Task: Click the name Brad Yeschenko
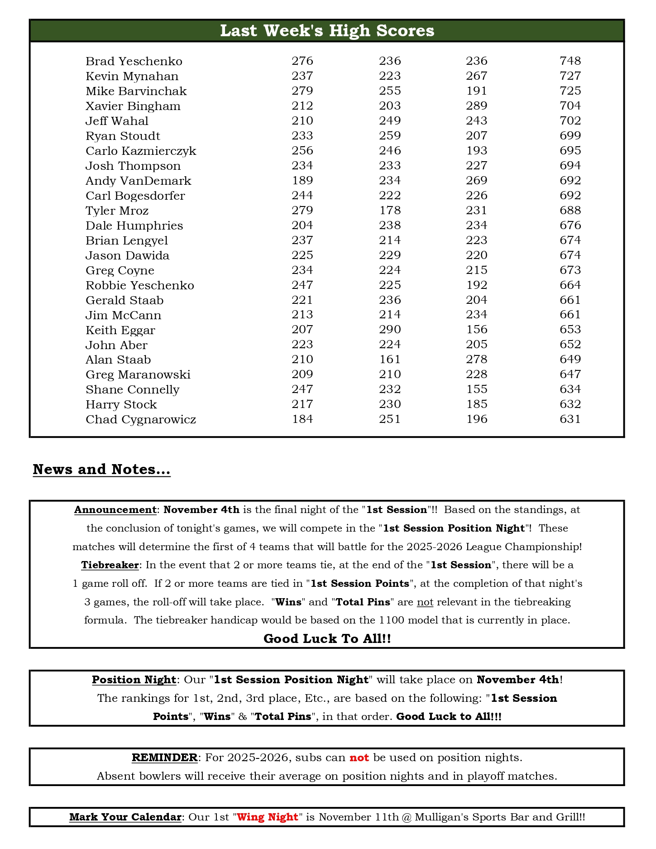pos(134,61)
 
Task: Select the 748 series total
pos(570,61)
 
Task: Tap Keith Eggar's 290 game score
pos(390,329)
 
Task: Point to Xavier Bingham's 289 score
pos(477,106)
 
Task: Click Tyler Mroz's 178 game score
pos(390,210)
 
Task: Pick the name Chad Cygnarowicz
pos(141,419)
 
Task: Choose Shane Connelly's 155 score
pos(477,389)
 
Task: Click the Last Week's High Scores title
pos(327,31)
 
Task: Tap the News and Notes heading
pos(101,469)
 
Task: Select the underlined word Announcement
pos(115,510)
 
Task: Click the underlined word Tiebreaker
pos(110,565)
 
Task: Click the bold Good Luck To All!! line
pos(327,638)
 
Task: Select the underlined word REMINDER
pos(165,758)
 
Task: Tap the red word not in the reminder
pos(359,758)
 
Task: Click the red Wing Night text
pos(268,817)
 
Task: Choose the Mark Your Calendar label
pos(125,817)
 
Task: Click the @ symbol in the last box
pos(406,817)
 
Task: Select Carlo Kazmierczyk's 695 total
pos(570,150)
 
